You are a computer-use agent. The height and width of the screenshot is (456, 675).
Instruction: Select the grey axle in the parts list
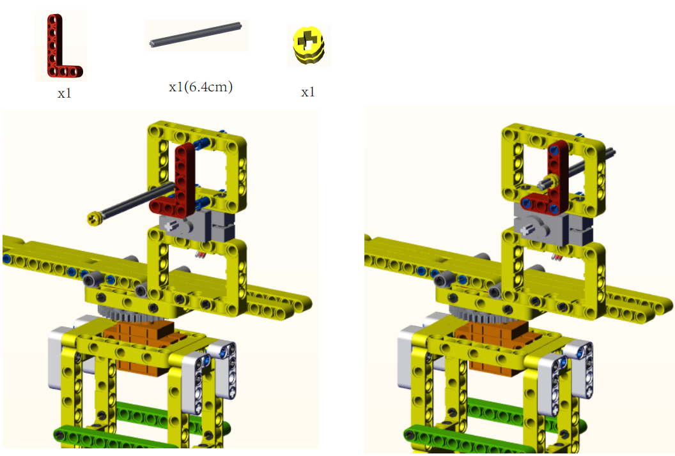tap(196, 34)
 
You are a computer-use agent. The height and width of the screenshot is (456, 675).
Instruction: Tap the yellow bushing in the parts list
tap(308, 45)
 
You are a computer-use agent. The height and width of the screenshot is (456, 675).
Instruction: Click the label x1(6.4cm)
tap(201, 87)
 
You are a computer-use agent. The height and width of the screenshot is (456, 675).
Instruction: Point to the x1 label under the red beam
tap(65, 93)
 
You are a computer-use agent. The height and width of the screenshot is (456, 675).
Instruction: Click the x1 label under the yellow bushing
tap(308, 92)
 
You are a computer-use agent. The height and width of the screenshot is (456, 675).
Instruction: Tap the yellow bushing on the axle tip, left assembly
tap(93, 218)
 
